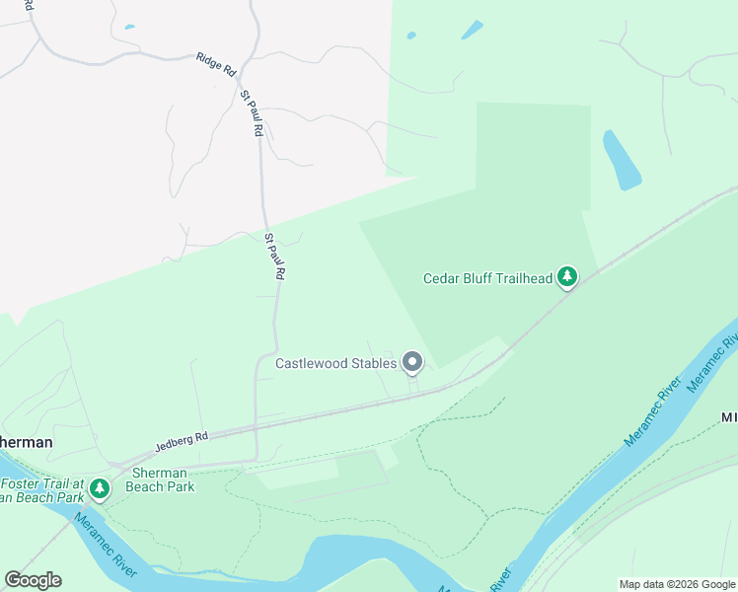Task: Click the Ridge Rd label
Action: click(x=216, y=64)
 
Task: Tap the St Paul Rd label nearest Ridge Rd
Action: click(x=252, y=113)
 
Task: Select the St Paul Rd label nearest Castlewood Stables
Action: click(x=275, y=257)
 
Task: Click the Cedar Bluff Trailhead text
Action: click(x=487, y=278)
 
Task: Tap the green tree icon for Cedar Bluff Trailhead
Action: click(x=566, y=277)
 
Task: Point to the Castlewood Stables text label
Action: click(x=335, y=363)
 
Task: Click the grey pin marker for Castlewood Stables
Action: click(x=412, y=364)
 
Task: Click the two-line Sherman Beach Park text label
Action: click(x=163, y=480)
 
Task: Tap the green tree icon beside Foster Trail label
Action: click(x=99, y=488)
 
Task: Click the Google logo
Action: click(x=33, y=580)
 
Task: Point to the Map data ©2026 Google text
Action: click(x=677, y=584)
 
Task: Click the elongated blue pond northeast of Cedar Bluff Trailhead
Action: click(x=622, y=161)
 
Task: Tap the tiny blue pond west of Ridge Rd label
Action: click(x=129, y=27)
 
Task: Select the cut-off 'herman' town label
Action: click(x=25, y=442)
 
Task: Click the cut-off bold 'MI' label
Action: click(x=729, y=417)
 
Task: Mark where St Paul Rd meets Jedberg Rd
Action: click(x=256, y=429)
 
